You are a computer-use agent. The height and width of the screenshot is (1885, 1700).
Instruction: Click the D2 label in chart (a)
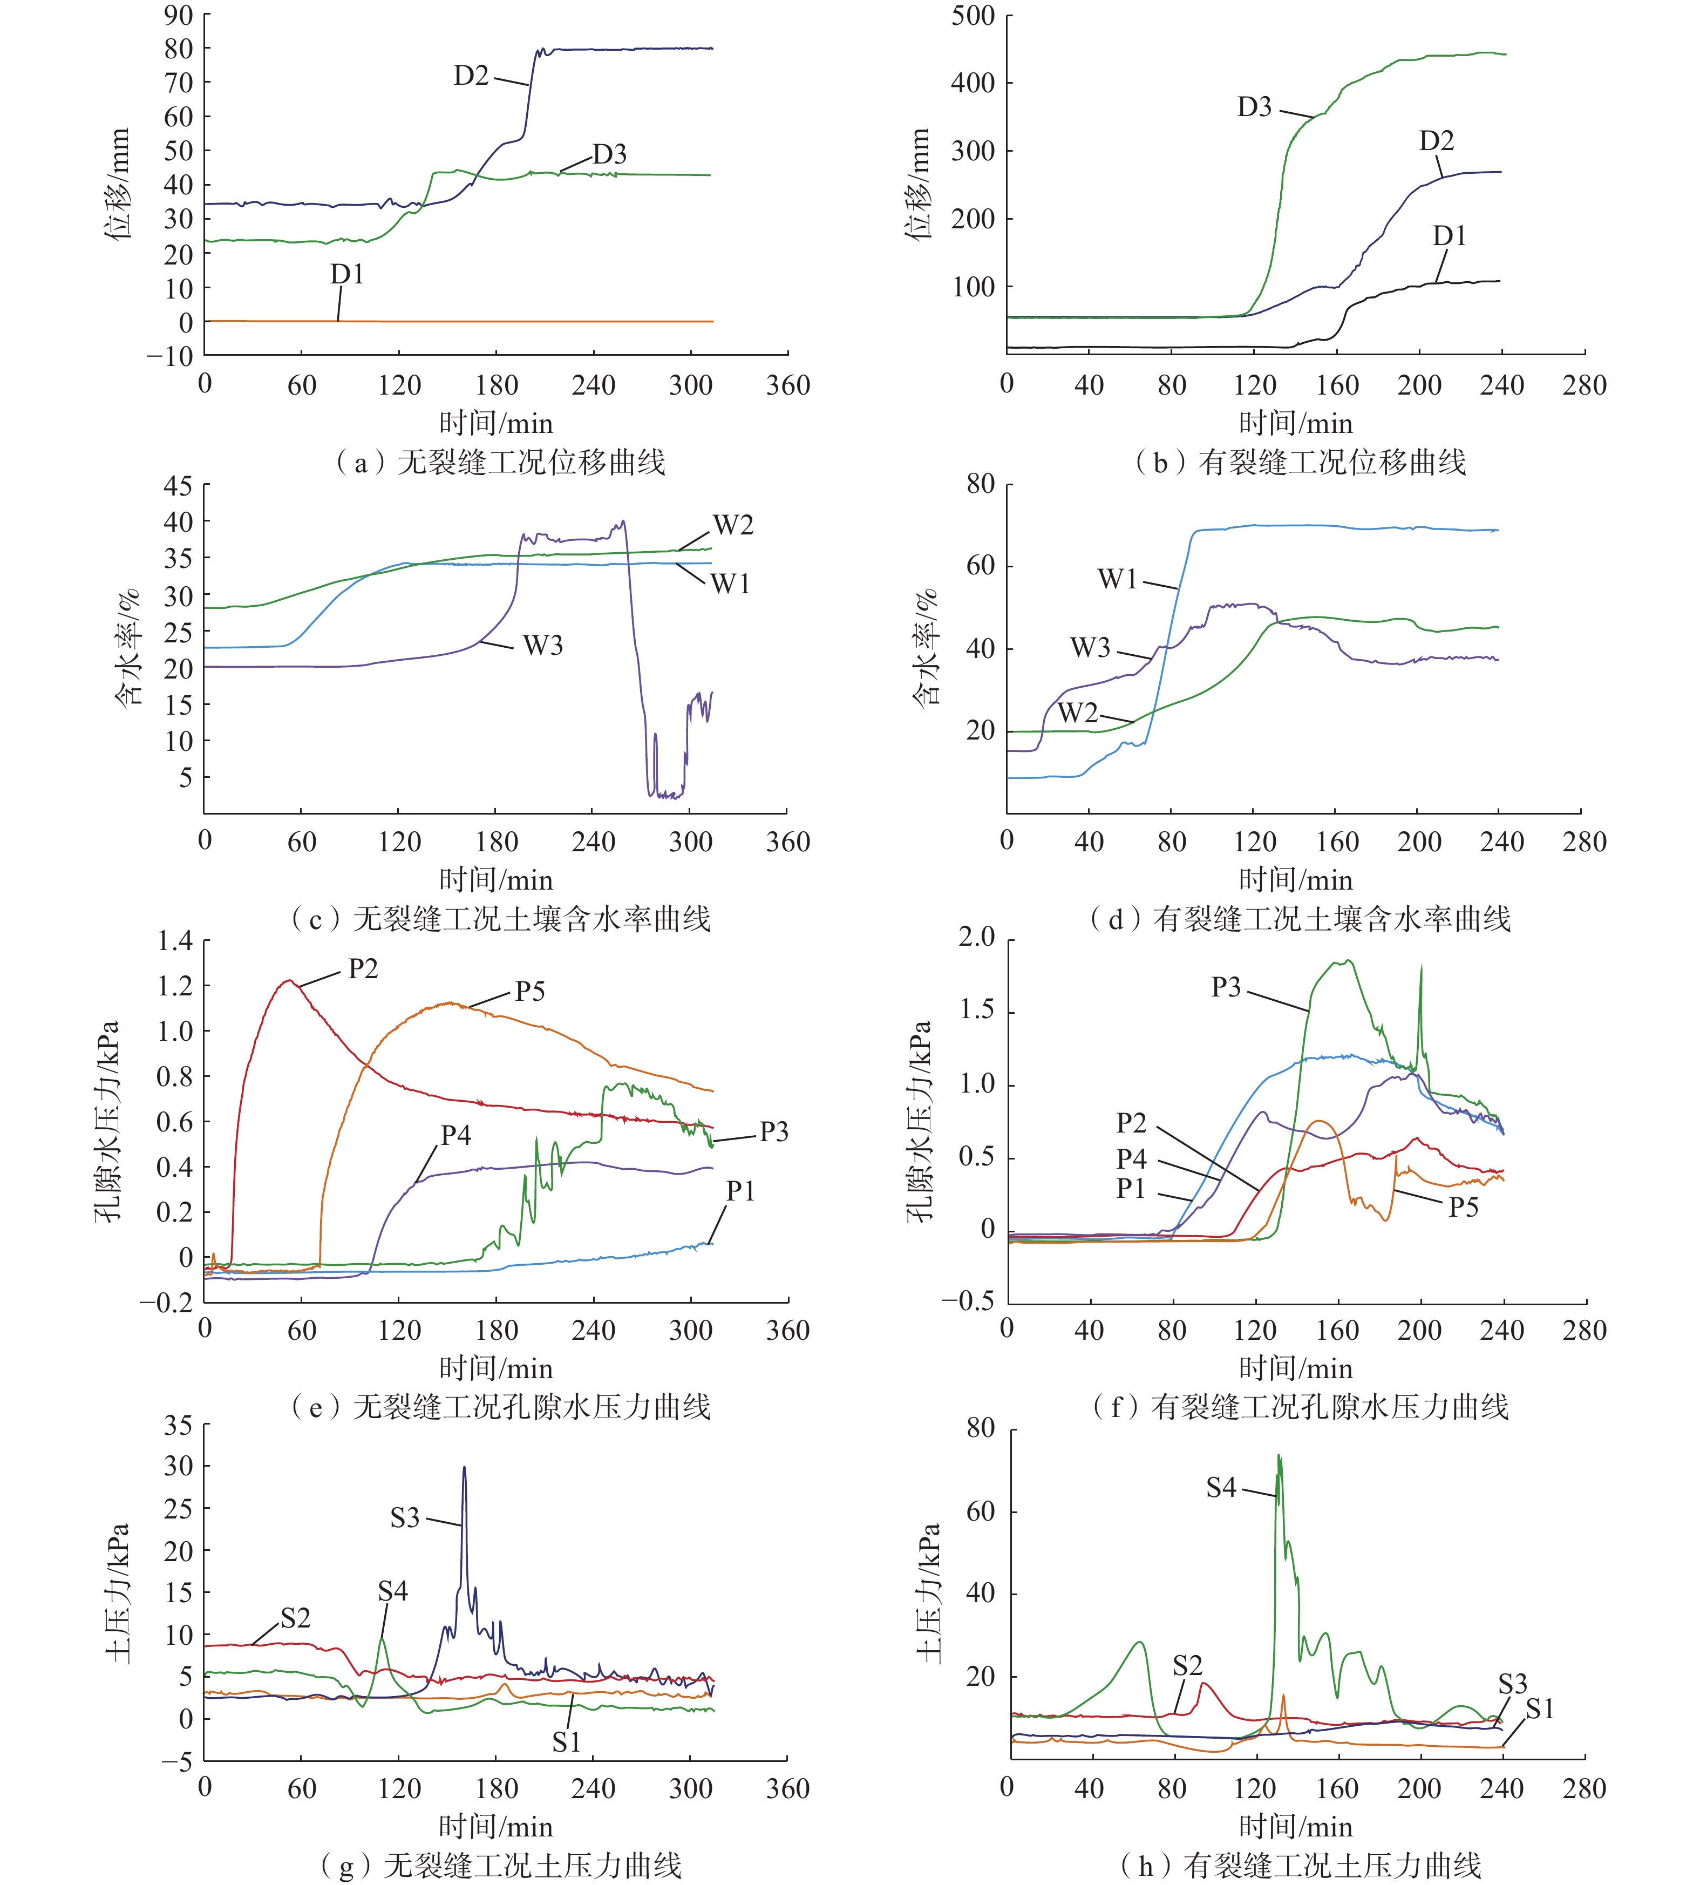pos(471,76)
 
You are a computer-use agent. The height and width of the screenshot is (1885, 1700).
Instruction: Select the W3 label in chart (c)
pos(543,646)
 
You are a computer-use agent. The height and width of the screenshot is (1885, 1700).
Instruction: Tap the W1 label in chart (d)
pos(1117,579)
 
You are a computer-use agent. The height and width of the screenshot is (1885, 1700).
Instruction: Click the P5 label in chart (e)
pos(529,991)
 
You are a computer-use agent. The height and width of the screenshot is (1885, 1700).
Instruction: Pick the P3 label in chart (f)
pos(1226,987)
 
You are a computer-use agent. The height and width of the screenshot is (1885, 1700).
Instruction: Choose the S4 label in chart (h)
pos(1221,1487)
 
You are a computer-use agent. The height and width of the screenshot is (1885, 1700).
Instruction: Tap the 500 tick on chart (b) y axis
pos(973,15)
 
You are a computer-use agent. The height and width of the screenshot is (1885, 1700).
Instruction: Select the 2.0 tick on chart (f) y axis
pos(976,937)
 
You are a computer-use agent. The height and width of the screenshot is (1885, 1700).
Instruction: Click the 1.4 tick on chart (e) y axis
pos(175,941)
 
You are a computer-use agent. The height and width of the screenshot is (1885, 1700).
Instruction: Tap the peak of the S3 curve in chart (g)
pos(464,1467)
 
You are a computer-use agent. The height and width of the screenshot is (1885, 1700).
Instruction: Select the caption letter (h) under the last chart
pos(1146,1866)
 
